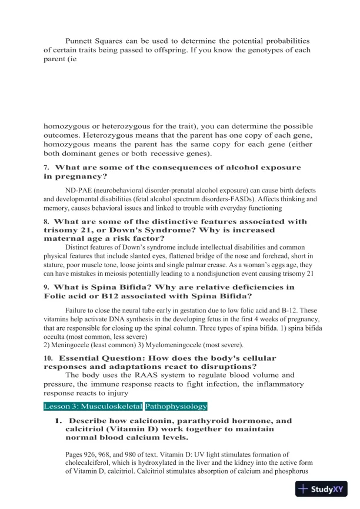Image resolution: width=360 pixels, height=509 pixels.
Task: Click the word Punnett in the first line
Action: (x=81, y=41)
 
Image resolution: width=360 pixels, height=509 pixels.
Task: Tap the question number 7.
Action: (x=46, y=168)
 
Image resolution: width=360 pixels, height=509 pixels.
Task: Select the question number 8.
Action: (x=46, y=222)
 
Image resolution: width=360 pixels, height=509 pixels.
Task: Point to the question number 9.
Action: (x=46, y=287)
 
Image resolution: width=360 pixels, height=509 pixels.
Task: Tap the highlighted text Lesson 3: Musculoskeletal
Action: (x=93, y=406)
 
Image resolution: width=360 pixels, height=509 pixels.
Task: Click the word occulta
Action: (x=57, y=335)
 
